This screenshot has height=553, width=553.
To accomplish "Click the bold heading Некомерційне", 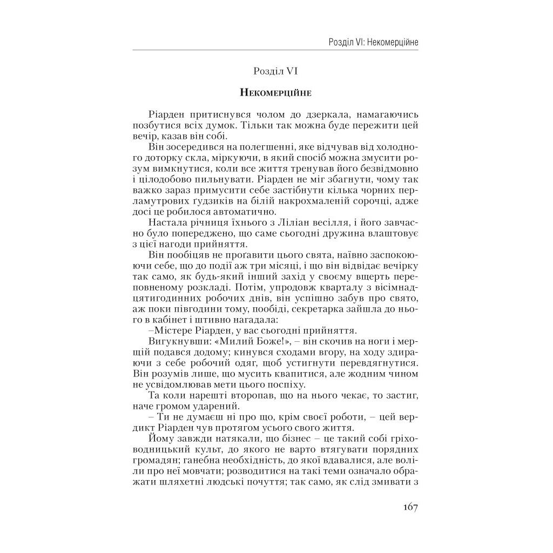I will tap(275, 92).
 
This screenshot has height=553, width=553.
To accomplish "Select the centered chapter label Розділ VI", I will tap(275, 70).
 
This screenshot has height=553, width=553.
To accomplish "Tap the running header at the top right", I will tap(373, 42).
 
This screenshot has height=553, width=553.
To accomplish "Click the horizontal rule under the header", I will tap(275, 50).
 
